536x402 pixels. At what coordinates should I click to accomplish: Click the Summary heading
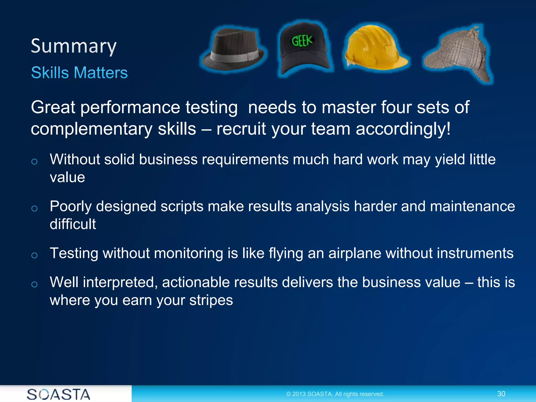(x=74, y=46)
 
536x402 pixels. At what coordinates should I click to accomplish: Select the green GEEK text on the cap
(x=302, y=41)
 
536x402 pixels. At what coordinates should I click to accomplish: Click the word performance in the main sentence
(x=130, y=107)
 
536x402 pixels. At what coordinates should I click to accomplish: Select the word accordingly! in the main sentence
(x=403, y=129)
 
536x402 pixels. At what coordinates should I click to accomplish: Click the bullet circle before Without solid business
(x=34, y=161)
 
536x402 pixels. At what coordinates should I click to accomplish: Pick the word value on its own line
(x=67, y=177)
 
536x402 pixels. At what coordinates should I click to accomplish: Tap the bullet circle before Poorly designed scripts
(x=34, y=209)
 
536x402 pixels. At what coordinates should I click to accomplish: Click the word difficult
(x=73, y=224)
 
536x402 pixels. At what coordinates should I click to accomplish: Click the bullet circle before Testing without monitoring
(x=34, y=255)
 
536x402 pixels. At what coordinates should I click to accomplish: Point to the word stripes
(x=211, y=300)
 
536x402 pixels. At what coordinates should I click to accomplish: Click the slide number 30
(x=501, y=394)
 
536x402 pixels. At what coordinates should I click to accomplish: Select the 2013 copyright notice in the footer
(x=335, y=394)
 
